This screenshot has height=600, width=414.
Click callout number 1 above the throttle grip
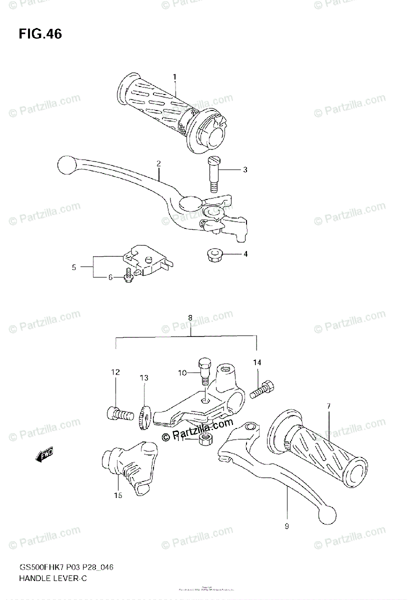pyautogui.click(x=174, y=76)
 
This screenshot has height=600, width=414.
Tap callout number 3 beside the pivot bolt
pyautogui.click(x=245, y=170)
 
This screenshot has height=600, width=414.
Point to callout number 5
pyautogui.click(x=73, y=267)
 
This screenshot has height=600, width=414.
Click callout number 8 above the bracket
pyautogui.click(x=190, y=317)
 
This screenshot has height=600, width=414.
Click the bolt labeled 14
pyautogui.click(x=263, y=387)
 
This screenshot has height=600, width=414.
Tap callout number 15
pyautogui.click(x=117, y=496)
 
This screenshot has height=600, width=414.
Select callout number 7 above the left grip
pyautogui.click(x=328, y=406)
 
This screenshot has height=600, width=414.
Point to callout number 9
pyautogui.click(x=287, y=526)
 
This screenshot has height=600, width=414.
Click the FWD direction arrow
pyautogui.click(x=44, y=455)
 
